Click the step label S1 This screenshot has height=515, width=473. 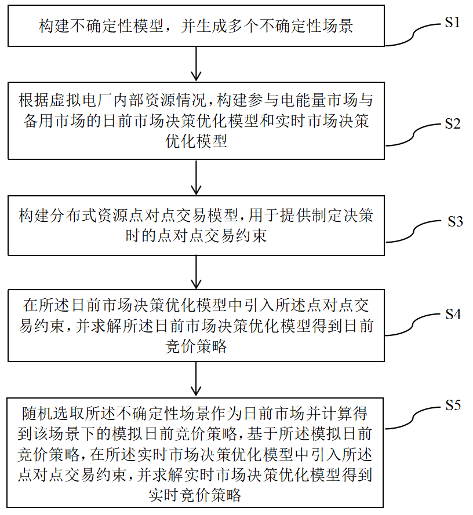[x=452, y=23]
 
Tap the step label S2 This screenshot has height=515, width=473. [x=453, y=123]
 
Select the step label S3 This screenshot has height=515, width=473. [x=455, y=221]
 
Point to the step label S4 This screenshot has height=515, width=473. [x=453, y=315]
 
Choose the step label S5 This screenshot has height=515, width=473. [x=453, y=405]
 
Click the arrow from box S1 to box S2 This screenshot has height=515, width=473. [x=196, y=64]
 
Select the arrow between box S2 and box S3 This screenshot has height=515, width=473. [x=196, y=177]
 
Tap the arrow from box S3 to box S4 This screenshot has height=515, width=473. [x=196, y=272]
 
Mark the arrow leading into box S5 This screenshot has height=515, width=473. [x=196, y=379]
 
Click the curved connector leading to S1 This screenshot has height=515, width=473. [x=413, y=35]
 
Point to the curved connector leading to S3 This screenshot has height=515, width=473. [x=413, y=231]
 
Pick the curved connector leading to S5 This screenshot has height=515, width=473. [x=413, y=418]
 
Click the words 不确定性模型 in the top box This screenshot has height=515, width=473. [x=117, y=26]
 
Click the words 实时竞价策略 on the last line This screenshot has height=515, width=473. [x=195, y=495]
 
